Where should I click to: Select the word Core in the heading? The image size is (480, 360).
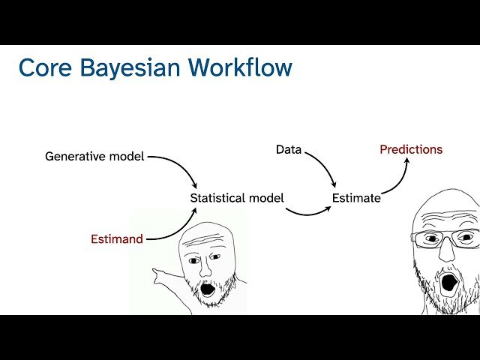tap(45, 67)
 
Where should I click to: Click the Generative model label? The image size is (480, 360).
tap(94, 157)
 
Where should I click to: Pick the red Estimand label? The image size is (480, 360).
tap(116, 239)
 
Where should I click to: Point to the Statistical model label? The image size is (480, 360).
tap(237, 198)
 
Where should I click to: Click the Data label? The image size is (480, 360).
tap(289, 149)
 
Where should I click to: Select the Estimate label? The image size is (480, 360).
tap(356, 198)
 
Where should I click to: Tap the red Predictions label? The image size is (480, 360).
tap(411, 149)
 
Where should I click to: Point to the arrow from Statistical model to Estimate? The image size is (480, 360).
tap(307, 211)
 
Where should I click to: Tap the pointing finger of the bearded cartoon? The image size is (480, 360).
tap(155, 271)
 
